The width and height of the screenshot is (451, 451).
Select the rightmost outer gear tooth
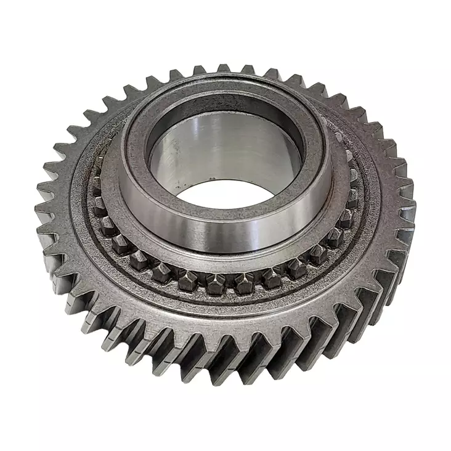407,203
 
